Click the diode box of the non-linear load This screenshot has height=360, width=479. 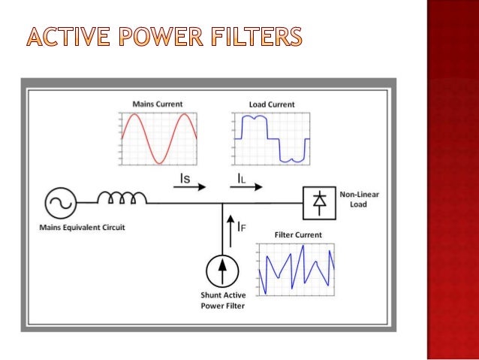coord(319,201)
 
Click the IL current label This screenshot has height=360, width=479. coord(239,178)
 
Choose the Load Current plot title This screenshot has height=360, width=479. coord(271,104)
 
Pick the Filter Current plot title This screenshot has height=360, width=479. coord(298,234)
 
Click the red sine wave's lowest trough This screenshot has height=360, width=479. coord(158,162)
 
